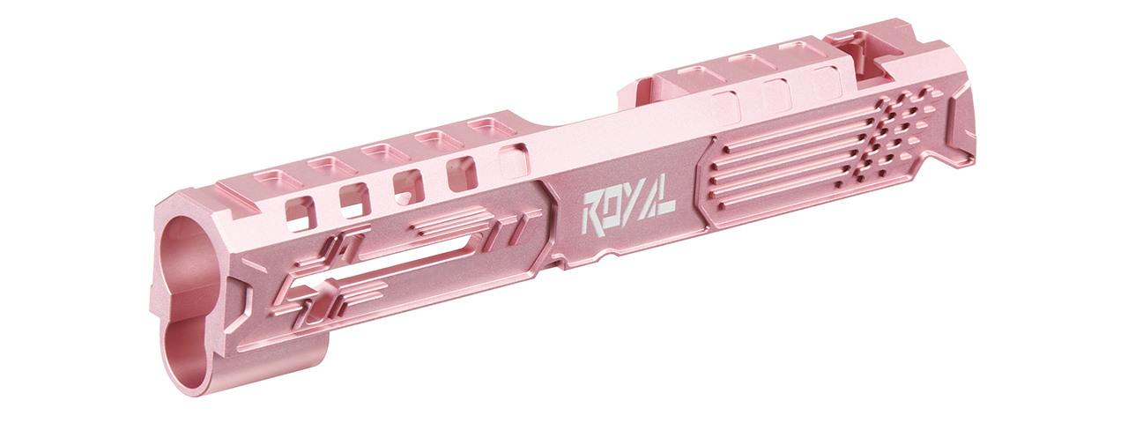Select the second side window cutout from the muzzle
pos(354,199)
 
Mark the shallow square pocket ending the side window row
pos(512,162)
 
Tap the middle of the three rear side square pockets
pos(775,92)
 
